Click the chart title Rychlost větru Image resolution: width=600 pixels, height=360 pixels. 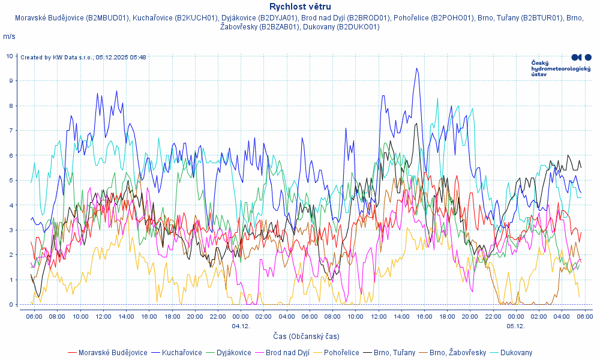pyautogui.click(x=300, y=7)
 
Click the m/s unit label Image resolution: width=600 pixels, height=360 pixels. pyautogui.click(x=9, y=37)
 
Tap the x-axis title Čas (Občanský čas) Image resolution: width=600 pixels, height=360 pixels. pyautogui.click(x=306, y=337)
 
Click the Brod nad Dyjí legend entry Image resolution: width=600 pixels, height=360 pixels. pyautogui.click(x=287, y=353)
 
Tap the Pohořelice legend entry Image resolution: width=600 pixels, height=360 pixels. pyautogui.click(x=341, y=353)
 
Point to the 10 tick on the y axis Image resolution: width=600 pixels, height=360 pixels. pyautogui.click(x=10, y=56)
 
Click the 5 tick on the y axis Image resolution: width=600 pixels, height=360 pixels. pyautogui.click(x=11, y=180)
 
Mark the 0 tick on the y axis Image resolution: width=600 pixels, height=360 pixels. pyautogui.click(x=11, y=304)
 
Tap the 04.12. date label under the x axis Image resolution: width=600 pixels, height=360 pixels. pyautogui.click(x=241, y=326)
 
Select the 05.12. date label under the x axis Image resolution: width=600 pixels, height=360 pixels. pyautogui.click(x=515, y=326)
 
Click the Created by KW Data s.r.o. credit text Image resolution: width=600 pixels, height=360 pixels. pyautogui.click(x=83, y=58)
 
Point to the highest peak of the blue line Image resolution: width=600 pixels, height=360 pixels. pyautogui.click(x=416, y=68)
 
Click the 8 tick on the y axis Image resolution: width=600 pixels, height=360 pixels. pyautogui.click(x=11, y=106)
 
